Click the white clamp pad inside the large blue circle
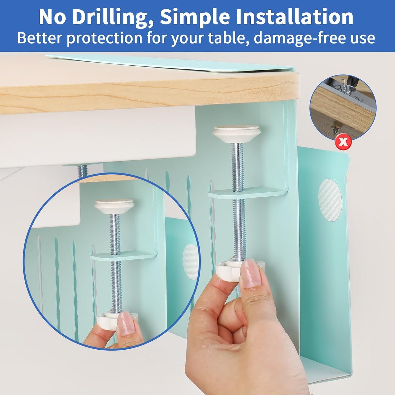113,206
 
